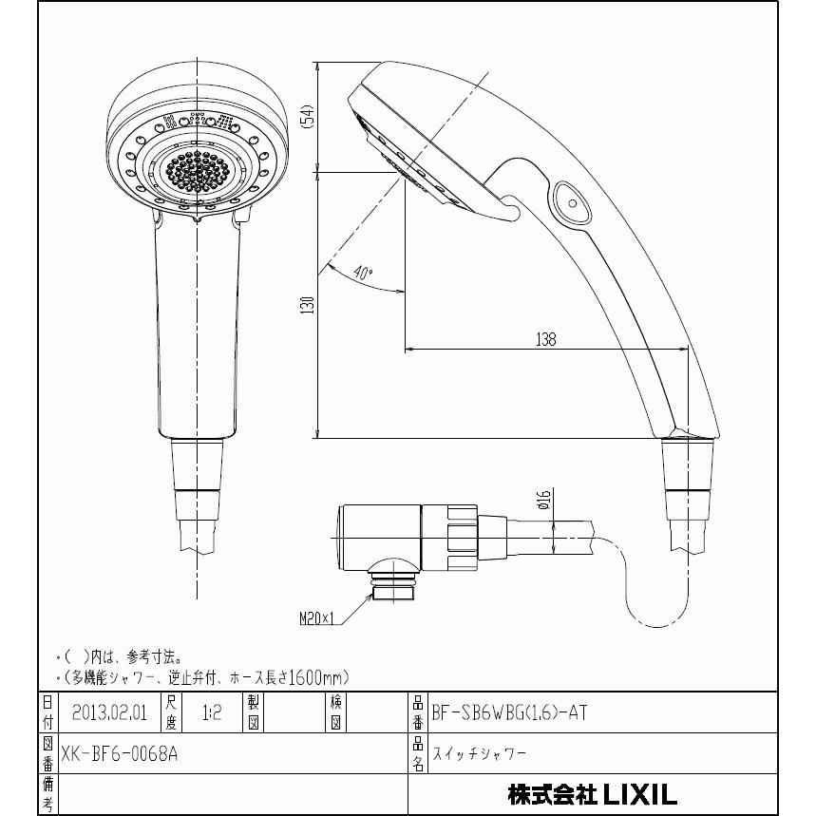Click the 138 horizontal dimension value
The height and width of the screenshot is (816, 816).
(545, 339)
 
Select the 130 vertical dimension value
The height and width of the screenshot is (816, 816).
(307, 305)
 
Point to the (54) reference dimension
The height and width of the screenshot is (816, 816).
(307, 117)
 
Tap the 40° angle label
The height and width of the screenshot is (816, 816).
(362, 273)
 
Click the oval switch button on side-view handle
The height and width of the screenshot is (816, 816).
(571, 199)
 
